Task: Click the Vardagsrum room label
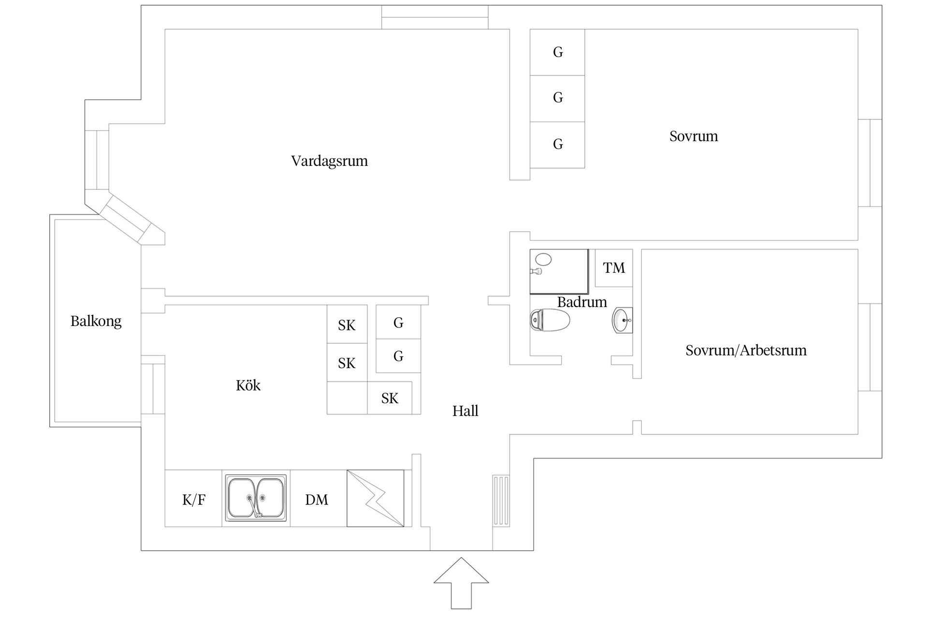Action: (329, 161)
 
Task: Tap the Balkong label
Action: (96, 321)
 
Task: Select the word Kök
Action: (248, 385)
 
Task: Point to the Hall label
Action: (465, 411)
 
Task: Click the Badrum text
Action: (582, 302)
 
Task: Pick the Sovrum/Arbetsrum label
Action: (746, 350)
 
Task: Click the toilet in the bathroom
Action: (550, 320)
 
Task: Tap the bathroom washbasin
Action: (622, 320)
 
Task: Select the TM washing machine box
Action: (613, 268)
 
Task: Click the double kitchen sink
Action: (255, 498)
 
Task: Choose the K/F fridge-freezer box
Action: (194, 500)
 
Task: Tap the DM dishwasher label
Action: (317, 500)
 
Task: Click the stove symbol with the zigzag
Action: (375, 498)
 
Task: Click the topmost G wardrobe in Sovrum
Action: (557, 52)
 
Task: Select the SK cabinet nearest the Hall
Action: (390, 398)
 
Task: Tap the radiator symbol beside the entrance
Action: (501, 501)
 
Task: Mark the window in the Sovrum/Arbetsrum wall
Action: (870, 347)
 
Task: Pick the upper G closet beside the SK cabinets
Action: (398, 323)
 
